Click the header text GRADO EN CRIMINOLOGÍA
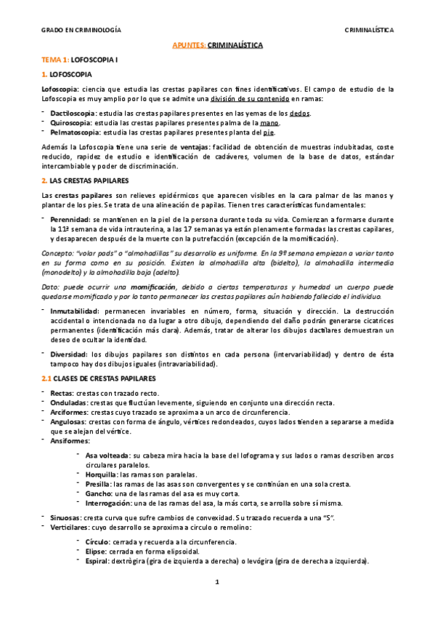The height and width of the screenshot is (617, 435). pos(81,31)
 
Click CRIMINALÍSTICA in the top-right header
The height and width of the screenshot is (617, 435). pos(369,31)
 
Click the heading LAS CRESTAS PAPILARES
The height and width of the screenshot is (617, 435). pos(85,179)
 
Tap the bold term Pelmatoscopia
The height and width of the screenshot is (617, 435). pos(75,134)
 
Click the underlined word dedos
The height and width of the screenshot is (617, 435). pos(299,114)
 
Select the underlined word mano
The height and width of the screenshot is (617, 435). pos(269,124)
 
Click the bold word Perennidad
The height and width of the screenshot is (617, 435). pos(70,218)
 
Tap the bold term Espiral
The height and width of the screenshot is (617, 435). pos(99,561)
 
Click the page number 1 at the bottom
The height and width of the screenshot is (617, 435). pos(217,584)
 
